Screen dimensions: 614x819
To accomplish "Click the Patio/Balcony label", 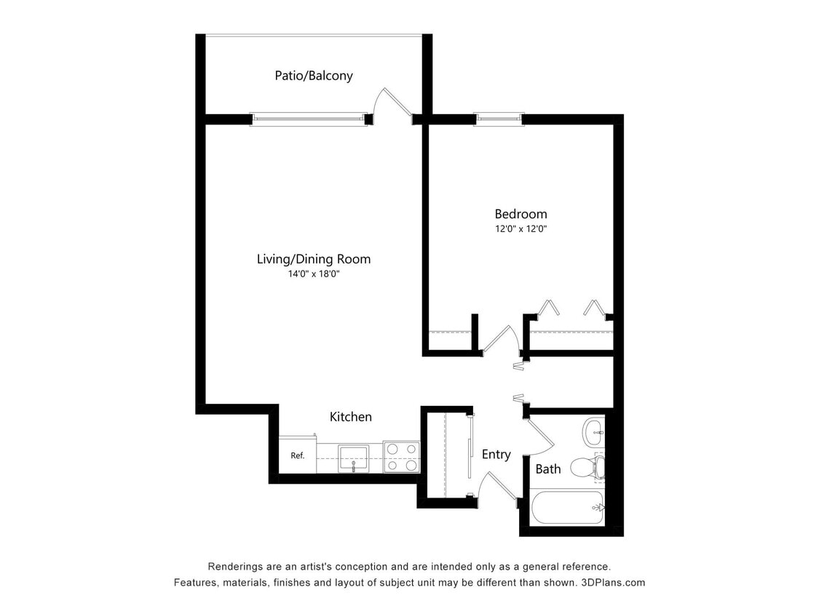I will click(x=313, y=76).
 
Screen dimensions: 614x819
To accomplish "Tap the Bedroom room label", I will click(x=521, y=214).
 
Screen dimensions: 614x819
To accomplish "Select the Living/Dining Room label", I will click(x=313, y=259).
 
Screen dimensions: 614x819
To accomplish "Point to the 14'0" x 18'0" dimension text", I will click(x=314, y=274).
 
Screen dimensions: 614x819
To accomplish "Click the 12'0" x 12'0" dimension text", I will click(x=521, y=228).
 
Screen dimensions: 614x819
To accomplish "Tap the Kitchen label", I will click(x=350, y=417).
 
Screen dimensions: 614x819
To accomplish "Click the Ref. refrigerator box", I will click(x=297, y=455).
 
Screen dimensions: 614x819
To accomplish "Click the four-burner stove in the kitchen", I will click(x=401, y=457).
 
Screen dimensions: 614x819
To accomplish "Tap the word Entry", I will click(x=496, y=454).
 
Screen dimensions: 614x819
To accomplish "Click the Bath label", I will click(x=547, y=469).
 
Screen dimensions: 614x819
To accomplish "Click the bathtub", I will click(x=567, y=507).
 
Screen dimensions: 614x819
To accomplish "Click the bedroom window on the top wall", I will click(x=498, y=119).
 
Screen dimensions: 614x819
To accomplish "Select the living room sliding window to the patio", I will click(x=308, y=119).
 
